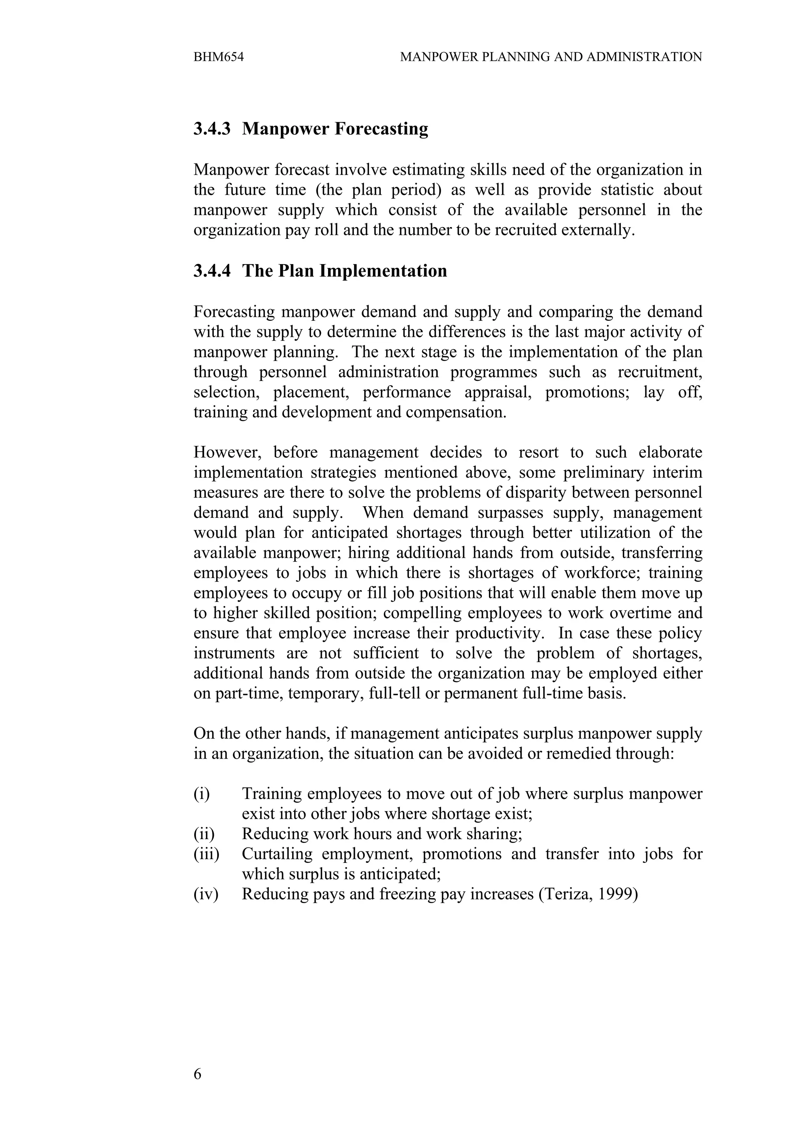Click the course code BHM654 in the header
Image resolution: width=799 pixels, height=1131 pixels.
(x=218, y=57)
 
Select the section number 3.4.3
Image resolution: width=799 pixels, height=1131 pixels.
(x=212, y=129)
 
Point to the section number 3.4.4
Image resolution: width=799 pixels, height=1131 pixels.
(x=212, y=271)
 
